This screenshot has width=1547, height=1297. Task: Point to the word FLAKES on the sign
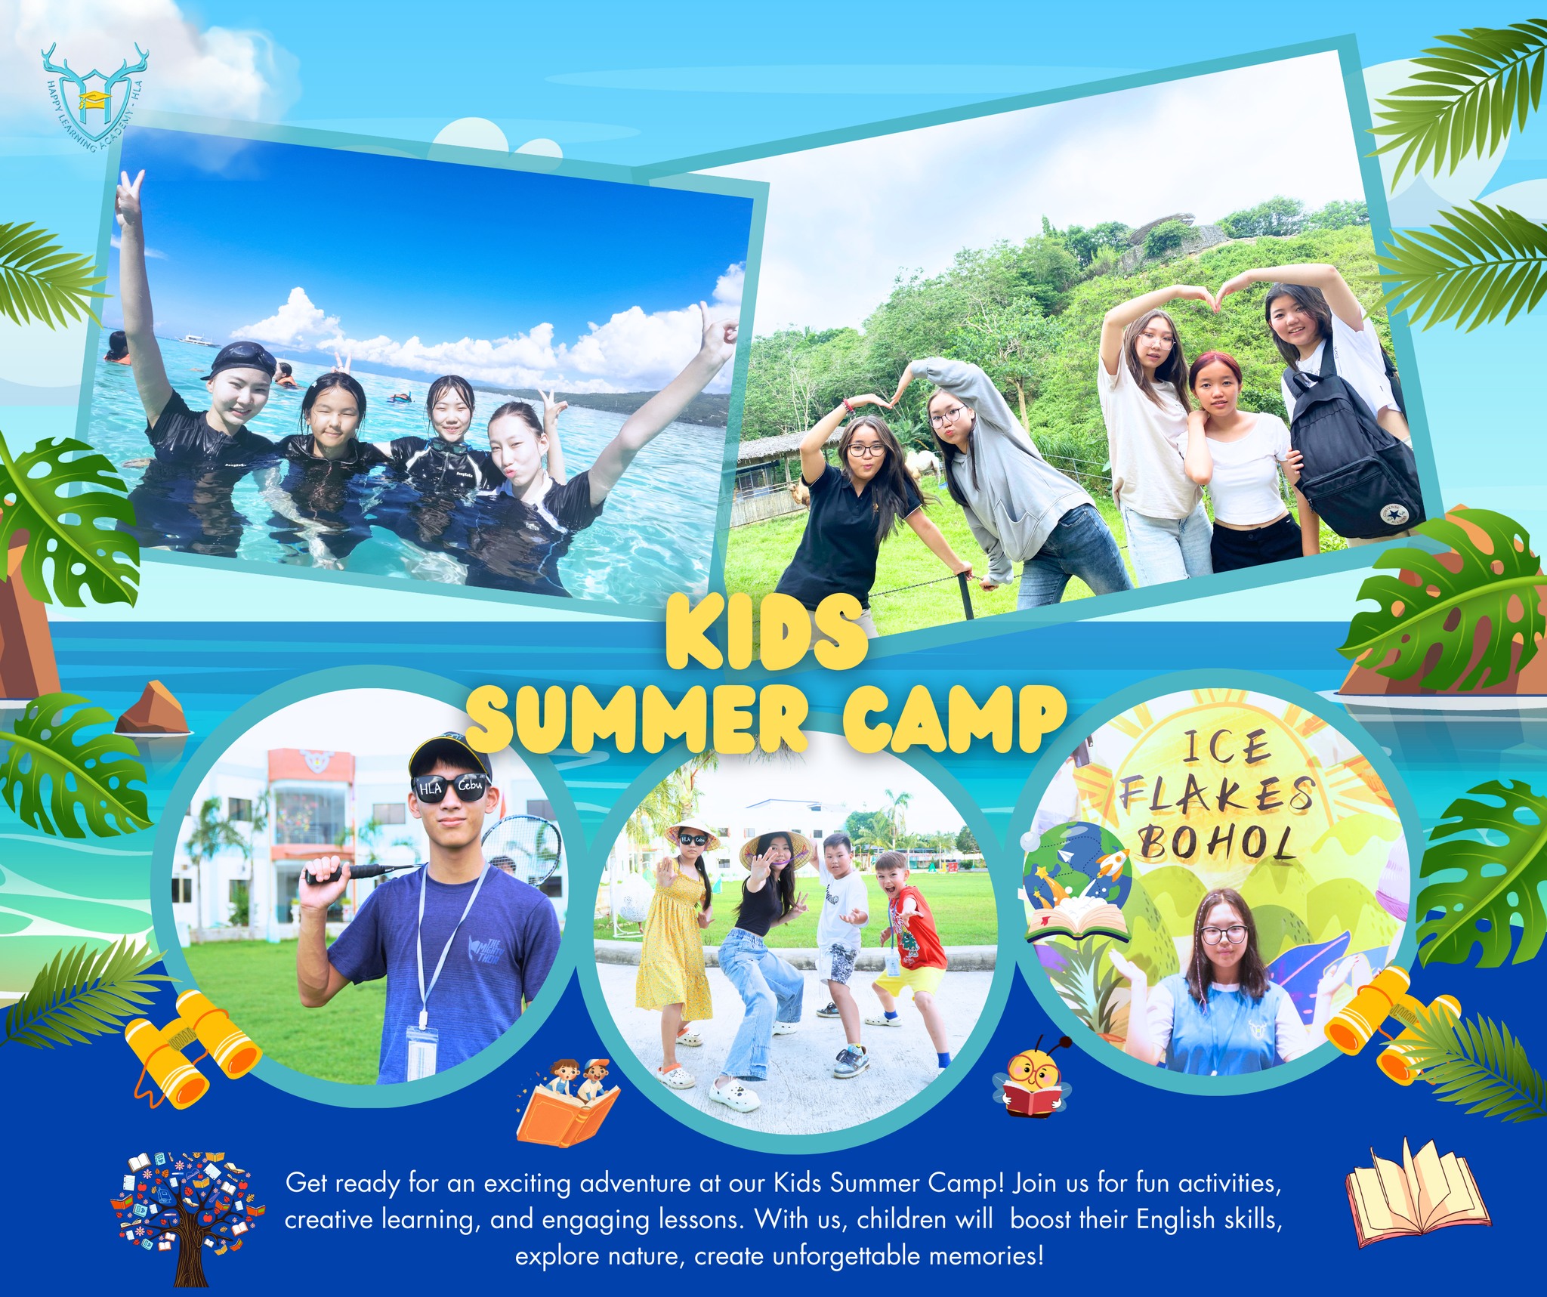tap(1217, 796)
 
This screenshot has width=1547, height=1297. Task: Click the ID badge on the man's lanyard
tap(421, 1051)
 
